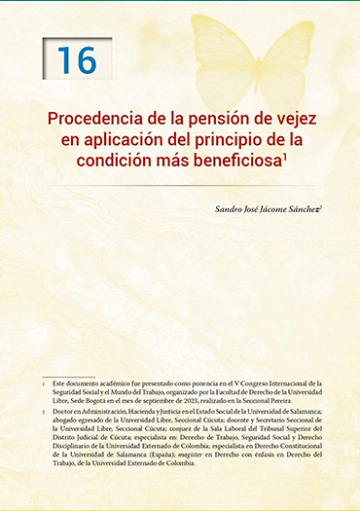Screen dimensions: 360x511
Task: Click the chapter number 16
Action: pyautogui.click(x=77, y=59)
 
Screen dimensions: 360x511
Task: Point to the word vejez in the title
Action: pyautogui.click(x=299, y=118)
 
